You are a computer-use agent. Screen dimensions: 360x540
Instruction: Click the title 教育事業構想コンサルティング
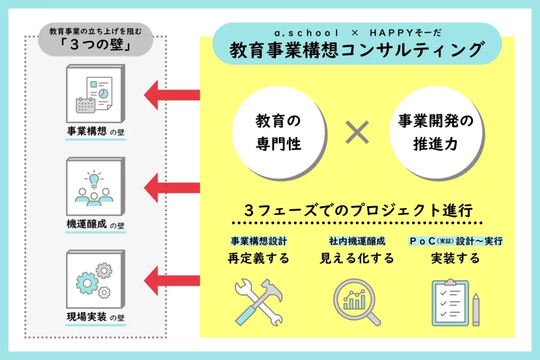[357, 50]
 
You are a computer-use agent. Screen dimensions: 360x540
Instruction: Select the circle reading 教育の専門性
[279, 133]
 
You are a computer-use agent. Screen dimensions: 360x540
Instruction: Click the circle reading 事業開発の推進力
[436, 133]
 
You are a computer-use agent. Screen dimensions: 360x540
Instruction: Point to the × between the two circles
[357, 133]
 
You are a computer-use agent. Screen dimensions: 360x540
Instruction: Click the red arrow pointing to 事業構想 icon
[171, 95]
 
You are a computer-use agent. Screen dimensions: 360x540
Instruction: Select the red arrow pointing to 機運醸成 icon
[171, 186]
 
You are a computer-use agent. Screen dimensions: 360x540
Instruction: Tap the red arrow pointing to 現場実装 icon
[171, 277]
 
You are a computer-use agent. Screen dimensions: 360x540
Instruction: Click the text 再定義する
[259, 258]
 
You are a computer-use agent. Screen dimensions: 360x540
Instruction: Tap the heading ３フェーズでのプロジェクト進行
[357, 209]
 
